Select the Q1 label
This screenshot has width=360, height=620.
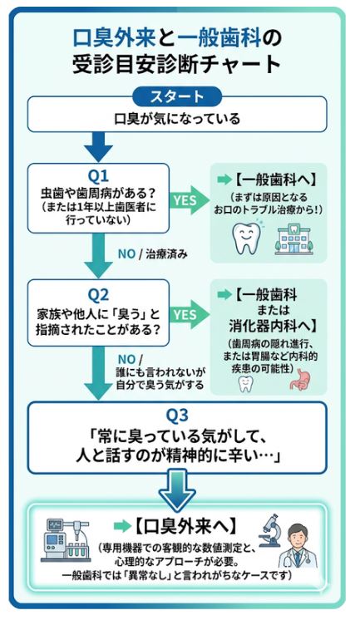click(x=99, y=175)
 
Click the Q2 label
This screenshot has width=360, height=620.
click(x=99, y=293)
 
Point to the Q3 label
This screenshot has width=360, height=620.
click(x=179, y=414)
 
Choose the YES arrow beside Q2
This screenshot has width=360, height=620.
click(x=185, y=314)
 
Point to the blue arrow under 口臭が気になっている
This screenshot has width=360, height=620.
click(x=98, y=147)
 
